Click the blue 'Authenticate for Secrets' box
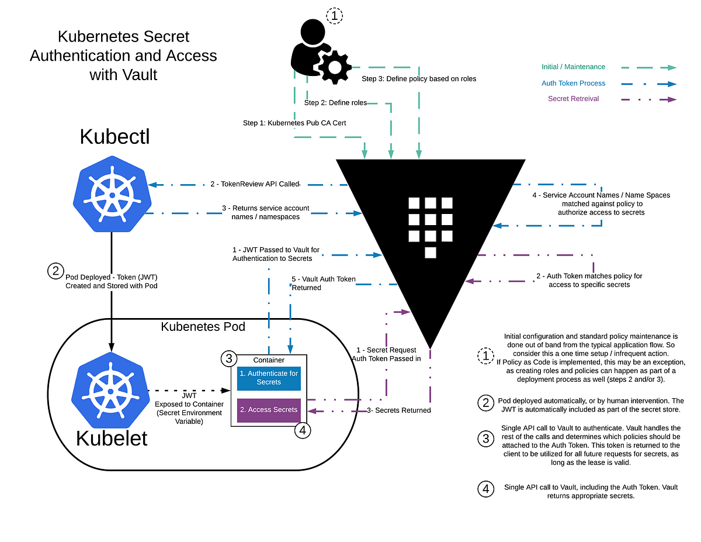coord(268,378)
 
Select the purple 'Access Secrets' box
coord(268,410)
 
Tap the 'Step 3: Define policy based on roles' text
coord(419,78)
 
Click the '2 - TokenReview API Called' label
coord(255,184)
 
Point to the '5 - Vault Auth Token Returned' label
coord(322,283)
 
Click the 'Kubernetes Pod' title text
coord(203,326)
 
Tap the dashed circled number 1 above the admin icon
coord(334,16)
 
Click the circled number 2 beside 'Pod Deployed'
coord(54,271)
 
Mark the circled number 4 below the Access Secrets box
coord(302,430)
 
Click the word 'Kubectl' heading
coord(114,136)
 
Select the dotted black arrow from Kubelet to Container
coord(188,390)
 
